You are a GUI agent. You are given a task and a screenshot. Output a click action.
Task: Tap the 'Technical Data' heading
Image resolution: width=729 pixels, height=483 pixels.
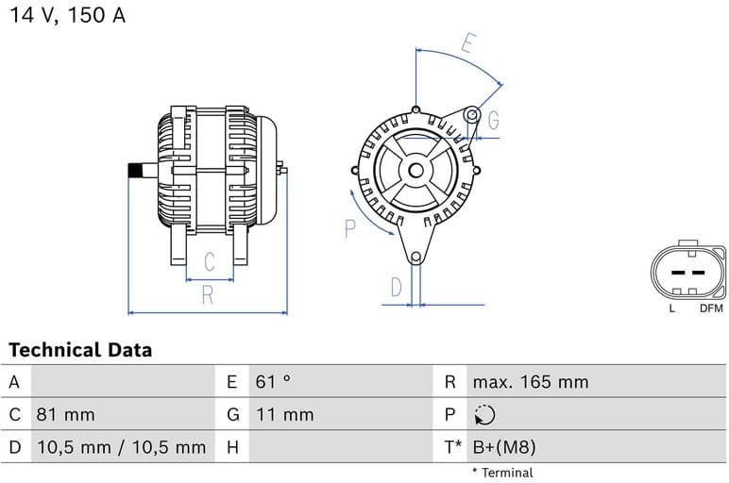click(80, 350)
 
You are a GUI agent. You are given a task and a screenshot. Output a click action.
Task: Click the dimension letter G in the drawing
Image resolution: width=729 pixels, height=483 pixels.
click(493, 120)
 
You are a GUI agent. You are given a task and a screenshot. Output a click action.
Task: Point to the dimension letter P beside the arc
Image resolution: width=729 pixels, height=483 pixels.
click(349, 227)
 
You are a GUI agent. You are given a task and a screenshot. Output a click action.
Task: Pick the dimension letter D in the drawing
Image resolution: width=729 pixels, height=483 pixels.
click(397, 286)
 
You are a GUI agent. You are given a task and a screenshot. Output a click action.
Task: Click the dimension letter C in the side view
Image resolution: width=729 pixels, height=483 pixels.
click(210, 262)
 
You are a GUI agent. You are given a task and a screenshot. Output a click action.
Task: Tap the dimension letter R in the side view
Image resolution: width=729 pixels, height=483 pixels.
click(208, 295)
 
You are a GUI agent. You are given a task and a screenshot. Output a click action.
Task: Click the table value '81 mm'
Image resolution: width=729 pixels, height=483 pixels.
click(65, 414)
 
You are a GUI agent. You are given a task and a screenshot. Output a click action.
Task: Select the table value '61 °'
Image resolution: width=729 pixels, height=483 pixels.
click(273, 382)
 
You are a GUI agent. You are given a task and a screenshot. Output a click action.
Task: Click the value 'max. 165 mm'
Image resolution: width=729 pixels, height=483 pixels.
click(530, 382)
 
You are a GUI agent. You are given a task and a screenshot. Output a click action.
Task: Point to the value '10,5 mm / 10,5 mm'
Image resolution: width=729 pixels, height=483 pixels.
click(120, 447)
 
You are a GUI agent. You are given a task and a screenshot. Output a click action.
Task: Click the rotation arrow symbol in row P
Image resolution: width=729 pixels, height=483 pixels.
click(484, 415)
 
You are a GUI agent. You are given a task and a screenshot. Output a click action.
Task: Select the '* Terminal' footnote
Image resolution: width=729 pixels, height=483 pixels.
click(502, 473)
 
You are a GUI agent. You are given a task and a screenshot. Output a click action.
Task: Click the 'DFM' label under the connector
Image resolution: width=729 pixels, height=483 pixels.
click(711, 308)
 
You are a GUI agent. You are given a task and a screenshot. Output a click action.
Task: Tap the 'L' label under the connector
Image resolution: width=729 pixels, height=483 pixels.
click(671, 308)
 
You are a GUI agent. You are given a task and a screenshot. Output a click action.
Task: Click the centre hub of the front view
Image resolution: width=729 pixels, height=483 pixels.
click(415, 171)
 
